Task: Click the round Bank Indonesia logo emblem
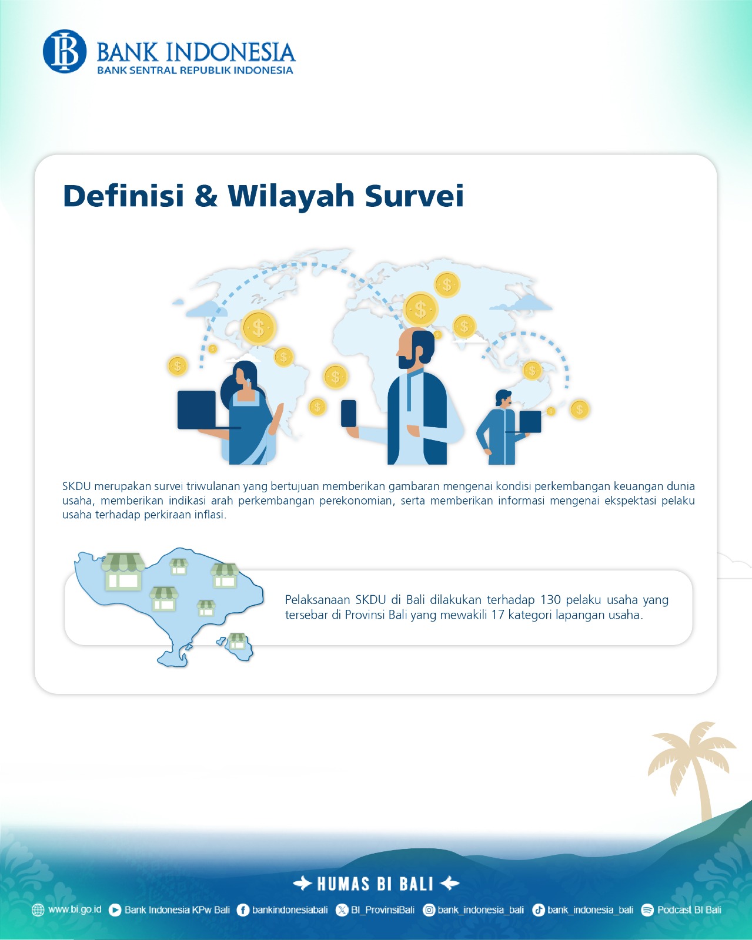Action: click(64, 51)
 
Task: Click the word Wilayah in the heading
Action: click(290, 195)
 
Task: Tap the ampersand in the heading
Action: click(206, 195)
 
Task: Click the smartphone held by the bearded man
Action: click(349, 413)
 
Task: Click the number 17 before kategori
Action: click(497, 615)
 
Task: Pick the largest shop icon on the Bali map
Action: click(123, 572)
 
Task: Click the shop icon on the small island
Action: click(238, 641)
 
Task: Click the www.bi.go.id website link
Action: click(75, 909)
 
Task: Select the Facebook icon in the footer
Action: click(243, 910)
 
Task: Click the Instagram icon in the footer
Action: click(429, 910)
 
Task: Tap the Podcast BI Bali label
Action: click(689, 909)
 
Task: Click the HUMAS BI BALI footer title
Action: click(375, 884)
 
